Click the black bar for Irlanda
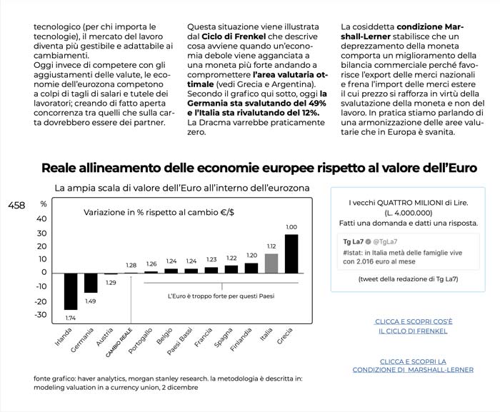click(x=71, y=291)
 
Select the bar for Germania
click(x=91, y=283)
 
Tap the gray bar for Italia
click(x=271, y=263)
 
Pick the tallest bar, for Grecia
click(x=291, y=253)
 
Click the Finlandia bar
click(x=251, y=268)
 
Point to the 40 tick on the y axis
click(x=43, y=218)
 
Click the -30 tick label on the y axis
click(x=41, y=315)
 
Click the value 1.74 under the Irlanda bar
click(x=71, y=317)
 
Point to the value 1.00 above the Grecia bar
click(x=291, y=227)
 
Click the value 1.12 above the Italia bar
click(x=271, y=246)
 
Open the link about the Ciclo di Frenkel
click(x=414, y=326)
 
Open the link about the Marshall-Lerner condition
click(x=414, y=366)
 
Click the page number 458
click(x=16, y=206)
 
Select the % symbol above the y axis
click(x=43, y=204)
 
